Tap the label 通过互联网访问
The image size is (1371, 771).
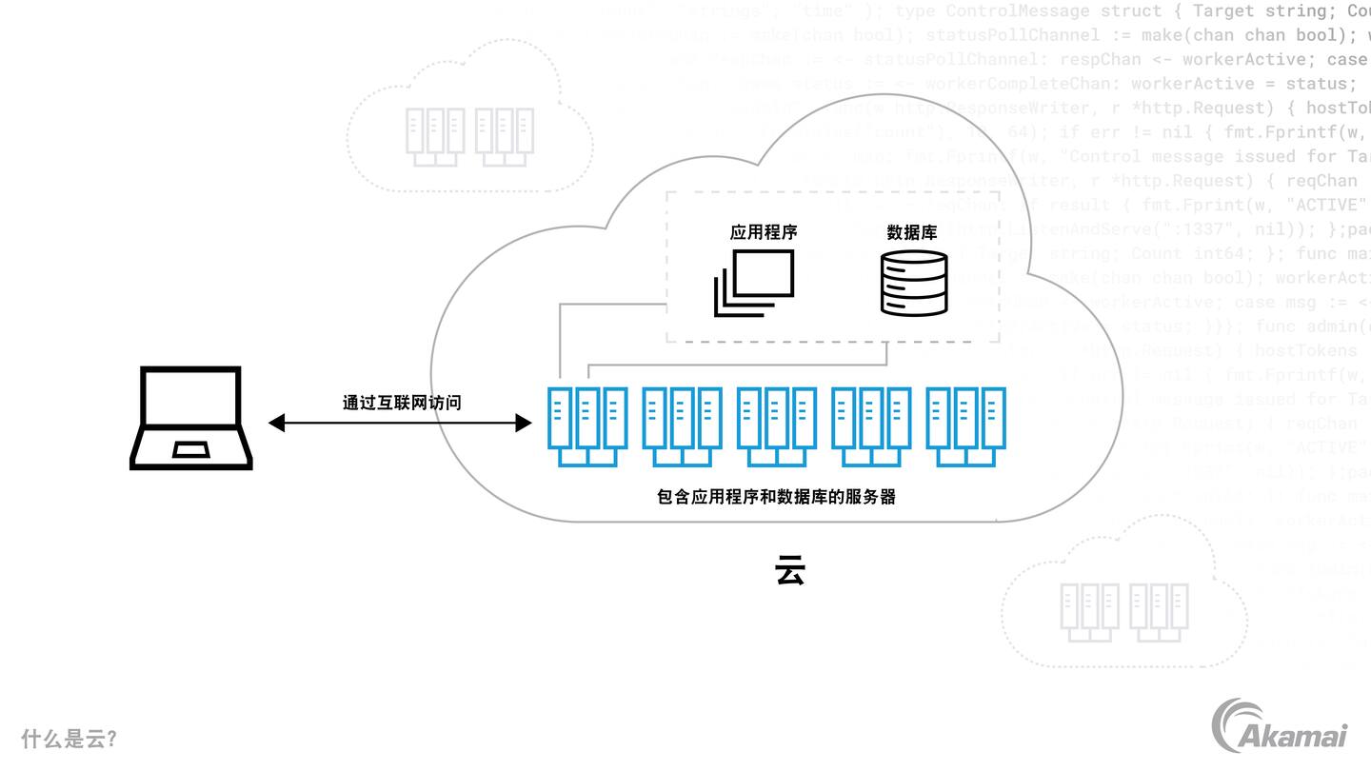[402, 403]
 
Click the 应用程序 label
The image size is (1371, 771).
[764, 232]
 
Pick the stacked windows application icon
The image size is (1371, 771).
[754, 282]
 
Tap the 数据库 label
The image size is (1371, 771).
[912, 232]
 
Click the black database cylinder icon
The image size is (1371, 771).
[913, 283]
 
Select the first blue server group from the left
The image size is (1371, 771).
[587, 425]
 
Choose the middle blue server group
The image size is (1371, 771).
[776, 425]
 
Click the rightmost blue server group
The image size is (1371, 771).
[965, 425]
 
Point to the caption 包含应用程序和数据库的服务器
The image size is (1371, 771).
[776, 496]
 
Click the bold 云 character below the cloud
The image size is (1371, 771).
[790, 571]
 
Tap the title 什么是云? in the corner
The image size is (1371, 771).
[69, 739]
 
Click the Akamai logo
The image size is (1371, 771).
[1279, 727]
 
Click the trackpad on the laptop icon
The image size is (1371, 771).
[191, 449]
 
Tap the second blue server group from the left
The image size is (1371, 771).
[682, 425]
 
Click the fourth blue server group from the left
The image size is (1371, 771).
[871, 425]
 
